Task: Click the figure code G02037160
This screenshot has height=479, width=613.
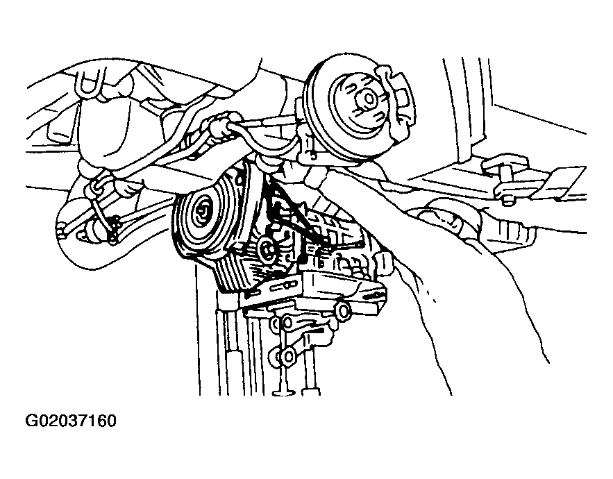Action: click(71, 421)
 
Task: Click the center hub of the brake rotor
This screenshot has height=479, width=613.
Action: click(367, 99)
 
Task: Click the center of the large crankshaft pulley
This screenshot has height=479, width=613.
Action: click(203, 213)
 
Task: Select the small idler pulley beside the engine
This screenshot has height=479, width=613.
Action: click(267, 249)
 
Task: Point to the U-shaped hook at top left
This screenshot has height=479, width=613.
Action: click(91, 83)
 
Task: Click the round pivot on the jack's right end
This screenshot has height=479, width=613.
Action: click(343, 311)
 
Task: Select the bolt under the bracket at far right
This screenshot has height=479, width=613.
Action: click(505, 200)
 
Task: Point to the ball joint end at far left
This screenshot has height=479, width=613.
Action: click(61, 230)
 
